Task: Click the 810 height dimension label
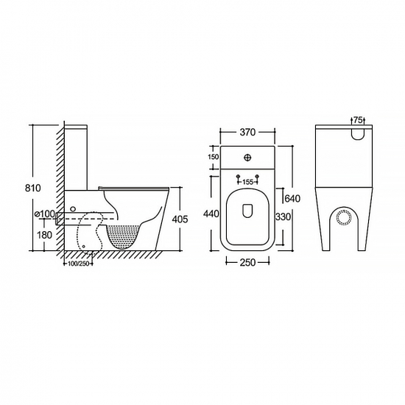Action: click(33, 188)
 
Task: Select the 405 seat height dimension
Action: click(180, 219)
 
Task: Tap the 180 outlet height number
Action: click(44, 235)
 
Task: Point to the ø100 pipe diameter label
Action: click(45, 214)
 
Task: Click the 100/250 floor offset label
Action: click(78, 264)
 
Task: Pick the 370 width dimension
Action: click(247, 133)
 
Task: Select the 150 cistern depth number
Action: click(214, 157)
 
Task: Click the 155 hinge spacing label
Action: click(247, 182)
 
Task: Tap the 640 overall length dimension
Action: click(292, 199)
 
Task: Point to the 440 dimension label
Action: click(211, 214)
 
